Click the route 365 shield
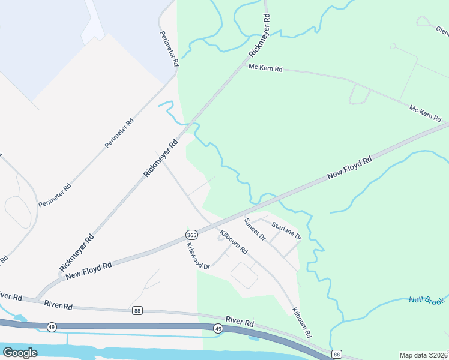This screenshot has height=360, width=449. tap(191, 234)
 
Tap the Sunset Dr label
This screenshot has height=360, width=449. tap(255, 229)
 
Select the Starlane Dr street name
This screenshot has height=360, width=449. tap(286, 230)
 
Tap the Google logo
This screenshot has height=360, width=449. tap(20, 353)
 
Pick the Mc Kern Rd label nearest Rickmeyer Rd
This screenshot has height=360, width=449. tap(265, 68)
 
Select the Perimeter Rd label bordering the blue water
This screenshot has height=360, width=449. tap(169, 49)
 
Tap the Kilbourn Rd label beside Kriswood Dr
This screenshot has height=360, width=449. tap(234, 241)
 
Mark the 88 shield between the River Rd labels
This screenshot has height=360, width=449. tap(137, 310)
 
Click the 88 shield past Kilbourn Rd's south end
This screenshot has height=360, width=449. tap(337, 354)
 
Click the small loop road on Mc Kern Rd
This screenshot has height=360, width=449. tap(359, 94)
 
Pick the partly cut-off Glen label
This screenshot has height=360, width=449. tap(442, 30)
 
